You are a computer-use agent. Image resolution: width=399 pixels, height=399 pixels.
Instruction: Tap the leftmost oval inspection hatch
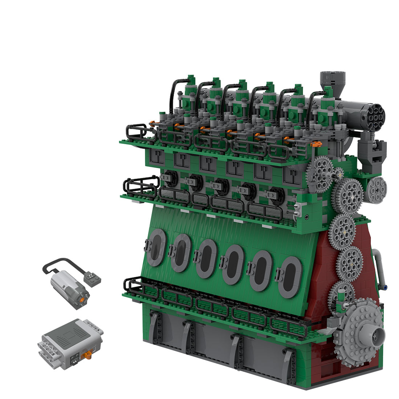[156, 247]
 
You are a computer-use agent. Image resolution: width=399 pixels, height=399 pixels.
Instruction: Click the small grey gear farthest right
[376, 190]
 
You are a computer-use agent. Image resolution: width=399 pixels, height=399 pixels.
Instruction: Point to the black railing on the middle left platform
[140, 185]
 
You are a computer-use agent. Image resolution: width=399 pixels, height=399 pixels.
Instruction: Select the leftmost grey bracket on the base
[155, 328]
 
